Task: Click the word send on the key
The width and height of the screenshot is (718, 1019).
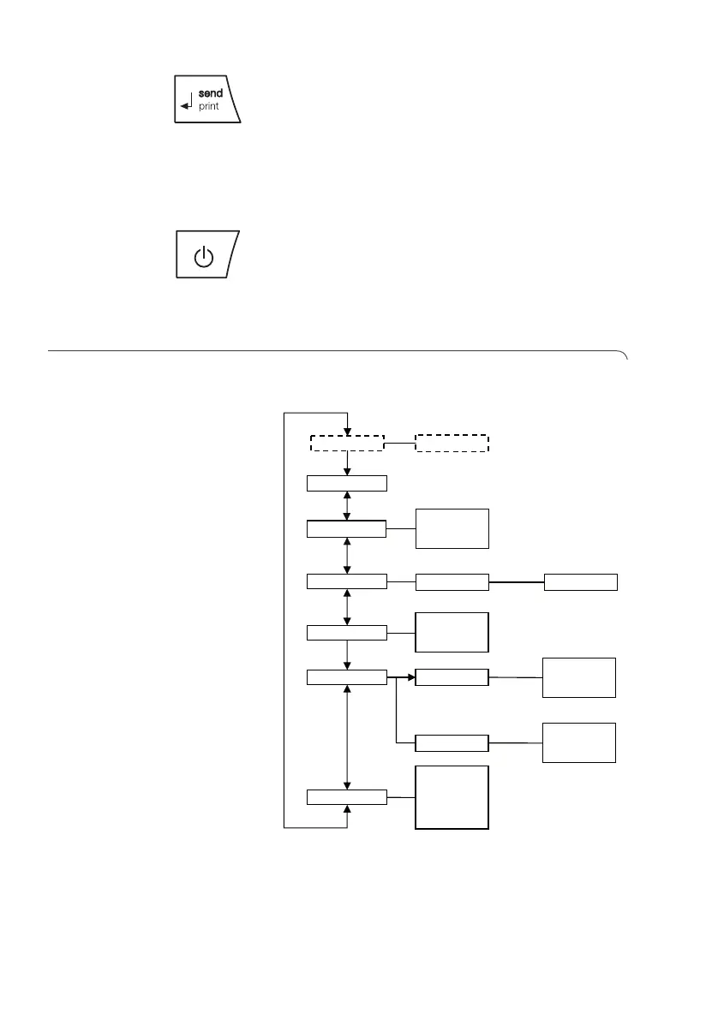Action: coord(210,92)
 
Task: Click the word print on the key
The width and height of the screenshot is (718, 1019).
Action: coord(208,107)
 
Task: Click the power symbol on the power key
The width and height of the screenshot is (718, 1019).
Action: coord(203,256)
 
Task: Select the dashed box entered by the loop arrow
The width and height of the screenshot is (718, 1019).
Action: coord(346,443)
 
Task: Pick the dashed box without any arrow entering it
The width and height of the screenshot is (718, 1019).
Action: coord(452,443)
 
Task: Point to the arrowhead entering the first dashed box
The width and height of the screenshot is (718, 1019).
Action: coord(347,432)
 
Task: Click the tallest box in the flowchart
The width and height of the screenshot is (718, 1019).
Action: coord(452,797)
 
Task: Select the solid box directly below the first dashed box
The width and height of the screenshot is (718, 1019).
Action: coord(346,483)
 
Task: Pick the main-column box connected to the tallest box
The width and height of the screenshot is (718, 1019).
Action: coord(346,798)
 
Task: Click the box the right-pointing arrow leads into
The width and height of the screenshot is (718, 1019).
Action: coord(452,677)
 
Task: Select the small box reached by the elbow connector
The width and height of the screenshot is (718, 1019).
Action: coord(452,742)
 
